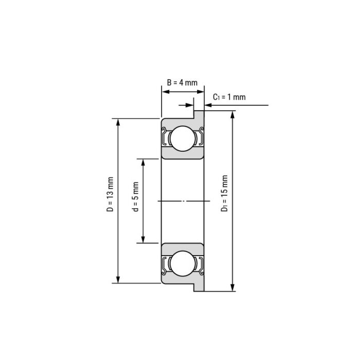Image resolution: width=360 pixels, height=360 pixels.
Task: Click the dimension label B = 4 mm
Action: [x=183, y=83]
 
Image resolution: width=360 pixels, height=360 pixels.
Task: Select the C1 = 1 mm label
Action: [x=229, y=97]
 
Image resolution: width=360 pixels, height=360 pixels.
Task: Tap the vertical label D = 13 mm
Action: [x=110, y=195]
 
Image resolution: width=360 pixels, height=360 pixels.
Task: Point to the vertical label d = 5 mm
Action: [x=135, y=197]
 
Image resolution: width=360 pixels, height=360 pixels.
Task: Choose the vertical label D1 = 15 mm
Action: [x=225, y=193]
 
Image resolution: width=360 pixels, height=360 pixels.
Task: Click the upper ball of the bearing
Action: [x=183, y=138]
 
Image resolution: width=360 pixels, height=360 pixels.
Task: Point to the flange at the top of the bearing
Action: [x=199, y=114]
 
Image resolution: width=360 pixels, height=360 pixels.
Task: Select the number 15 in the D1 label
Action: [x=225, y=184]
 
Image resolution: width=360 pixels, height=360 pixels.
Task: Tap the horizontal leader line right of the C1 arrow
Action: [x=242, y=105]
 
